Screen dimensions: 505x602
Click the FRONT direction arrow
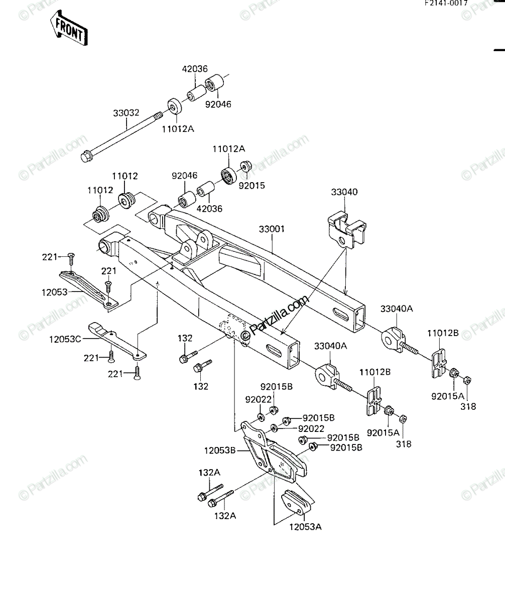(69, 28)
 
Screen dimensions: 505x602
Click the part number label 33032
(126, 113)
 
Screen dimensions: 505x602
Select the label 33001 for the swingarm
(272, 229)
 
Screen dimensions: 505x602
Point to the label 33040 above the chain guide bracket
(344, 192)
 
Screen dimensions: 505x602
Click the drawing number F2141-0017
(446, 3)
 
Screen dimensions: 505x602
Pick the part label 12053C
(65, 339)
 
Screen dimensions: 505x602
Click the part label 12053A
(305, 527)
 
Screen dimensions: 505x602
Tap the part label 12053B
(220, 450)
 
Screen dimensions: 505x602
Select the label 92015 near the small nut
(251, 186)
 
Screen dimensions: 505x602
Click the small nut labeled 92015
(246, 167)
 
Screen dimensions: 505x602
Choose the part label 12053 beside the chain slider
(55, 292)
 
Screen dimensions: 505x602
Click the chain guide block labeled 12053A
(296, 502)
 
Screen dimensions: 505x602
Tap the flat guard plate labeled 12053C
(117, 341)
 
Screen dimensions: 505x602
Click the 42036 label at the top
(195, 69)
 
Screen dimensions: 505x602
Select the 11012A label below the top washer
(178, 129)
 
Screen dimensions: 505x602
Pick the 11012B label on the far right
(443, 333)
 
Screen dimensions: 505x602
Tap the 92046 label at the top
(218, 104)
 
